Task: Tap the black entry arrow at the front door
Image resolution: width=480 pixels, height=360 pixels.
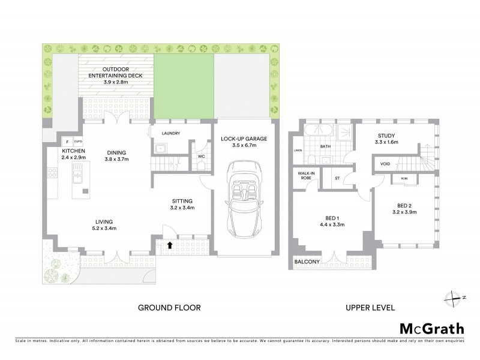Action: [x=170, y=245]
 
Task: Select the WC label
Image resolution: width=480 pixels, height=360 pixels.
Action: [x=202, y=158]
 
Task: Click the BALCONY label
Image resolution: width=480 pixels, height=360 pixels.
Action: [x=307, y=262]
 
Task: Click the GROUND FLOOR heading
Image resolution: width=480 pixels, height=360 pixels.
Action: [x=169, y=308]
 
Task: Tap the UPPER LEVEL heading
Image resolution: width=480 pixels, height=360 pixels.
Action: [x=370, y=308]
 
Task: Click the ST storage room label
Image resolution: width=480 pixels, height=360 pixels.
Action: [x=337, y=178]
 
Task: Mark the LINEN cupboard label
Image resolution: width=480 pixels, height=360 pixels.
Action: [x=297, y=151]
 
